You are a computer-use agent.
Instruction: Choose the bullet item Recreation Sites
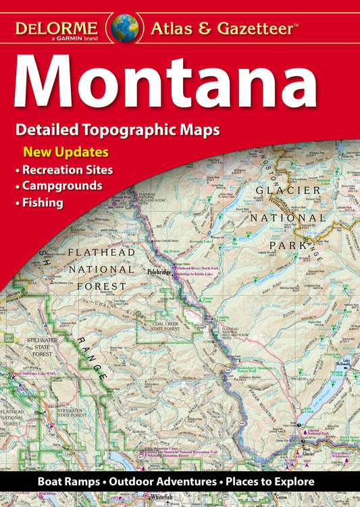(x=67, y=169)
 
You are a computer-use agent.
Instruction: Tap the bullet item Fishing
(x=43, y=202)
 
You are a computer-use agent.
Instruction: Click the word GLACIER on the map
(x=287, y=190)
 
